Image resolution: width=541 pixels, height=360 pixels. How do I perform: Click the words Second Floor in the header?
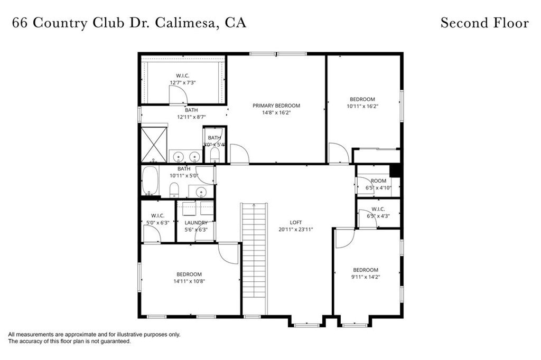(484, 23)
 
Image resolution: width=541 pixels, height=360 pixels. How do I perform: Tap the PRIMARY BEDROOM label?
(276, 106)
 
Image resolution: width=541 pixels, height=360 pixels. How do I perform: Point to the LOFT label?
(296, 222)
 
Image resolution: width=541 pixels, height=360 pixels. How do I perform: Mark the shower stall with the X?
(154, 144)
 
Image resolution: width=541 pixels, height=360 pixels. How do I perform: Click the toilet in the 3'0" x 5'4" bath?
(214, 154)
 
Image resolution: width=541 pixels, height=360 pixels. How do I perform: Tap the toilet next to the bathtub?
(174, 190)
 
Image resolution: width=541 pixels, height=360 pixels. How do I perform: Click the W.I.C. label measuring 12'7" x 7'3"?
(183, 75)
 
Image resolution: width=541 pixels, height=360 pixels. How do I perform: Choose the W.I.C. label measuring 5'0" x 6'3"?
(157, 215)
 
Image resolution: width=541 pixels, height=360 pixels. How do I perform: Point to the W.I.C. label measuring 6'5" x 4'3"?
(378, 209)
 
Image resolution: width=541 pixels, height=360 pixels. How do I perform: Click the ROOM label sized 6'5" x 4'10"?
(378, 181)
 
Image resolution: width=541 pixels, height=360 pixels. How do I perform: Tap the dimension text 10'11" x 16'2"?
(362, 106)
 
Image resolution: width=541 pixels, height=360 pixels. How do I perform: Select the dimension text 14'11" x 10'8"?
(189, 281)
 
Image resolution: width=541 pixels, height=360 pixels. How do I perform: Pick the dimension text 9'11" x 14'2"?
(366, 277)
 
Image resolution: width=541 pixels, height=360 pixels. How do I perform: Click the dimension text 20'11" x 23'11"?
(296, 230)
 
